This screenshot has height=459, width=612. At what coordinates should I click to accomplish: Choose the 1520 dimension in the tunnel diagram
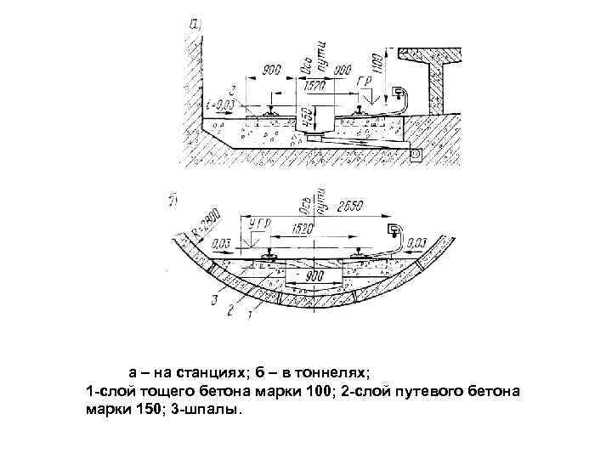[x=301, y=229]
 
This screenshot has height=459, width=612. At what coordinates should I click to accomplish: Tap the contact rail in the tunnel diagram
[x=394, y=230]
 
